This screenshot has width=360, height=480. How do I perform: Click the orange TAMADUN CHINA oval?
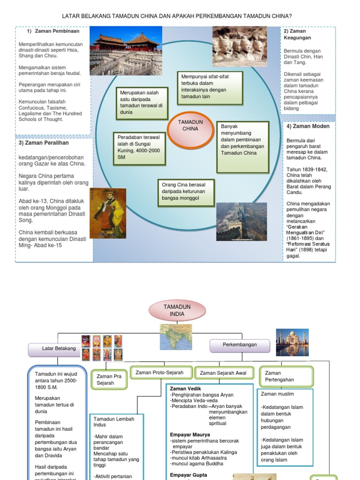pos(190,126)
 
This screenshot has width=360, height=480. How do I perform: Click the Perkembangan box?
pos(240,345)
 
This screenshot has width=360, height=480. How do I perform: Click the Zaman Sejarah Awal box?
pos(223,373)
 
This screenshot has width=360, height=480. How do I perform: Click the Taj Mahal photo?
pos(292,343)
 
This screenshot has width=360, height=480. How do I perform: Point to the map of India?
pos(176,337)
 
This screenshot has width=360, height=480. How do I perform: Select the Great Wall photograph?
pos(241,221)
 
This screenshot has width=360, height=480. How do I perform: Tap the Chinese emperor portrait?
pos(107,213)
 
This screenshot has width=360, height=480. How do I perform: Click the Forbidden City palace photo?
pos(126,51)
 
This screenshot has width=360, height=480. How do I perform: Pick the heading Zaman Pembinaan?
pos(57,31)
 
